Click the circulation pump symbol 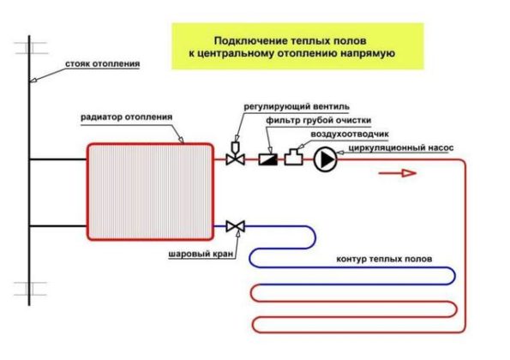pos(325,159)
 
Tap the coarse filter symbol pos(267,159)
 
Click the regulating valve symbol pos(233,158)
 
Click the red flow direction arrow pos(398,172)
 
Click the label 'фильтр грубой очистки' pos(319,121)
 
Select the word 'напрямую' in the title pos(368,53)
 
